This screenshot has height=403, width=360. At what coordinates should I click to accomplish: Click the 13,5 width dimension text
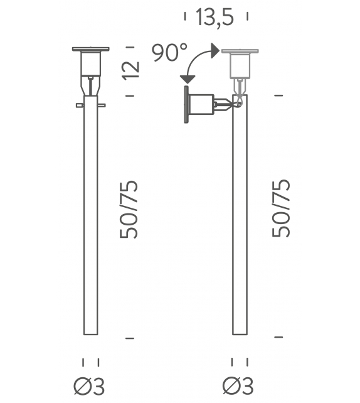click(214, 18)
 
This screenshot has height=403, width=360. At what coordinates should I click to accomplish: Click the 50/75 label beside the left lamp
click(130, 208)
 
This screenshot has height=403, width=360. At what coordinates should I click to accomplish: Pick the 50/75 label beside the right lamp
click(282, 208)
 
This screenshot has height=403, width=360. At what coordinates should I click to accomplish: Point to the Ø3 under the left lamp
click(90, 386)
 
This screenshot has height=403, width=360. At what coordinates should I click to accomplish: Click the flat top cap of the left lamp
click(91, 49)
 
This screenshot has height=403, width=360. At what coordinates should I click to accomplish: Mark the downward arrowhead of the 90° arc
click(186, 78)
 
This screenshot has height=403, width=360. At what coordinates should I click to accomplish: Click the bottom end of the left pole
click(91, 333)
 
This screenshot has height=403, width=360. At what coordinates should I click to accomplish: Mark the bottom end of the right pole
click(240, 333)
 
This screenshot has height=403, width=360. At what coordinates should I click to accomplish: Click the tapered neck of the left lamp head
click(91, 85)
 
